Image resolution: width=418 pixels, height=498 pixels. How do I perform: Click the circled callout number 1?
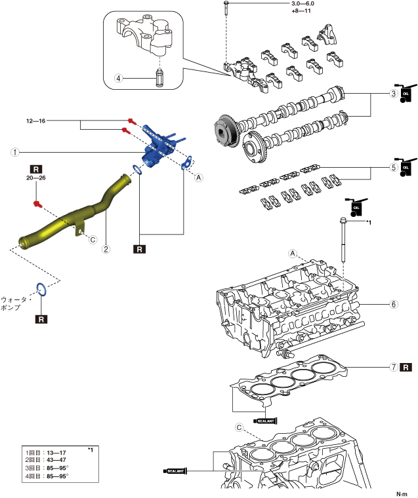[x=15, y=152]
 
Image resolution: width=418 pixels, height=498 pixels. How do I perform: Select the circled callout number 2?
[x=106, y=249]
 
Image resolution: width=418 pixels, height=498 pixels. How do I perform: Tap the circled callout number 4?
[x=118, y=78]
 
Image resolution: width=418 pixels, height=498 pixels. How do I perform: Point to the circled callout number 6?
[x=394, y=304]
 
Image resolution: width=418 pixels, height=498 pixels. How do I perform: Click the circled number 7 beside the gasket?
[x=394, y=367]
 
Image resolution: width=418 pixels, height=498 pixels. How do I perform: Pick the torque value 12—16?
[x=35, y=121]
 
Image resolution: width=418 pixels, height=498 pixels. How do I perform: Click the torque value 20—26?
[x=35, y=178]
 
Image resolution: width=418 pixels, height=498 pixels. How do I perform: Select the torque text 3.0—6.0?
[x=303, y=3]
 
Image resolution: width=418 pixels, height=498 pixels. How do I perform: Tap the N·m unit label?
[x=402, y=494]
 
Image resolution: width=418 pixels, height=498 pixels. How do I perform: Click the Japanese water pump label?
[x=15, y=303]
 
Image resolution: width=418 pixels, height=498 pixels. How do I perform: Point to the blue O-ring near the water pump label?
[x=41, y=289]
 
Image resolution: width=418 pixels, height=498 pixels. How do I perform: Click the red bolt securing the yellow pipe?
[x=38, y=204]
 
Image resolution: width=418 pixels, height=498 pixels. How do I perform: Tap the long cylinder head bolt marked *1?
[x=343, y=240]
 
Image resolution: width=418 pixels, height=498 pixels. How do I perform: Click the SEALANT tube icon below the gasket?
[x=265, y=421]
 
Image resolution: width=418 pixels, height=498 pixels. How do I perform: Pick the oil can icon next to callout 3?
[x=406, y=93]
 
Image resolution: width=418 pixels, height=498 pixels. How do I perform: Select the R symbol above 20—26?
[x=35, y=169]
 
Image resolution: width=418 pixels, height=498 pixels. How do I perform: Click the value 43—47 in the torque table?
[x=56, y=460]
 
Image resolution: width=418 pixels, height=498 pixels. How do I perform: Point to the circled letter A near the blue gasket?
[x=199, y=177]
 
